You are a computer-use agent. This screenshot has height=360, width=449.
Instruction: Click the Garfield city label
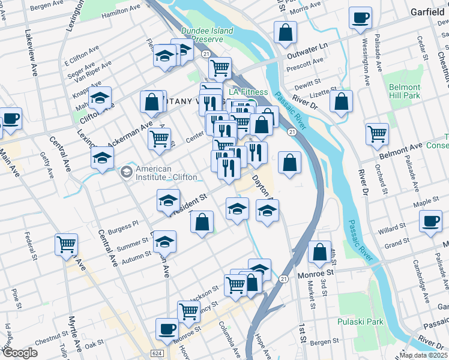tap(427, 11)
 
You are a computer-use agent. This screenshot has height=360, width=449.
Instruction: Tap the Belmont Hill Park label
tap(403, 91)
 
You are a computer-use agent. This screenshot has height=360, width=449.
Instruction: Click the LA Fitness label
tap(248, 92)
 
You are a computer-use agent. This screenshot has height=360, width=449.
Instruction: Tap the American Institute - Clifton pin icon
tap(126, 173)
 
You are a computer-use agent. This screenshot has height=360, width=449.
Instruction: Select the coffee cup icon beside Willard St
tap(430, 221)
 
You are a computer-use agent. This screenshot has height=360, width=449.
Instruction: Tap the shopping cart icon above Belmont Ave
tap(376, 134)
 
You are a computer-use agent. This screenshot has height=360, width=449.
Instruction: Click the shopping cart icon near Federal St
tap(66, 244)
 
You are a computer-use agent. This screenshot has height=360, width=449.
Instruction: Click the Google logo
tap(20, 353)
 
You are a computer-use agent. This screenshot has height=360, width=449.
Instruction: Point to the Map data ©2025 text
tap(423, 355)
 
